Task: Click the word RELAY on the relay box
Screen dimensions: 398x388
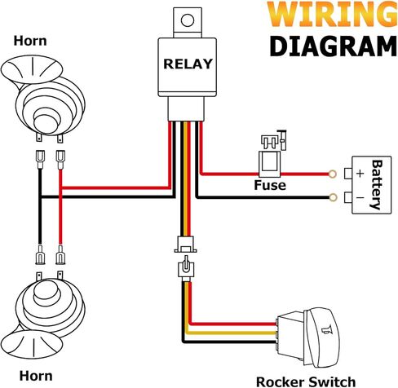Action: coord(188,64)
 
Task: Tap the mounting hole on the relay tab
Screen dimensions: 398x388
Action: coord(188,20)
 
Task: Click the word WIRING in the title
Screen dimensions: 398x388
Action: coord(332,14)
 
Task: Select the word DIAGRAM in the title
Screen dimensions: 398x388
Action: coord(333,46)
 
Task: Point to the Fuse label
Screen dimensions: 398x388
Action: coord(270,185)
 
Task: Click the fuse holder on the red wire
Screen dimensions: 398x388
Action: coord(269,165)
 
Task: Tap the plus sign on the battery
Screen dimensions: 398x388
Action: coord(360,174)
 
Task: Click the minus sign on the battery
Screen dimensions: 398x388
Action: coord(360,197)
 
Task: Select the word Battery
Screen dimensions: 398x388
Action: coord(377,185)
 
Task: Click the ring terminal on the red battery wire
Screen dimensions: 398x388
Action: coord(332,174)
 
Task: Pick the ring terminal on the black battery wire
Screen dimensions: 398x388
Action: coord(332,197)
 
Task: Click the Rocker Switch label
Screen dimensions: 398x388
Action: coord(306,381)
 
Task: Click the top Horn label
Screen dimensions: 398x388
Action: coord(30,41)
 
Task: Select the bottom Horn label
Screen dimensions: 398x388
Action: coord(36,376)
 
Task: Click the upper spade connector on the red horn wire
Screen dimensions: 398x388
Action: coord(60,160)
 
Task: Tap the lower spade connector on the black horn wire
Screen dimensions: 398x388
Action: coord(40,254)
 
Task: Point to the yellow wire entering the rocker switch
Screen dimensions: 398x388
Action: coord(231,333)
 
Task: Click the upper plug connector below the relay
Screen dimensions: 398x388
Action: coord(185,244)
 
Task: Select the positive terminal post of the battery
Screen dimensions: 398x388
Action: coord(348,174)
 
